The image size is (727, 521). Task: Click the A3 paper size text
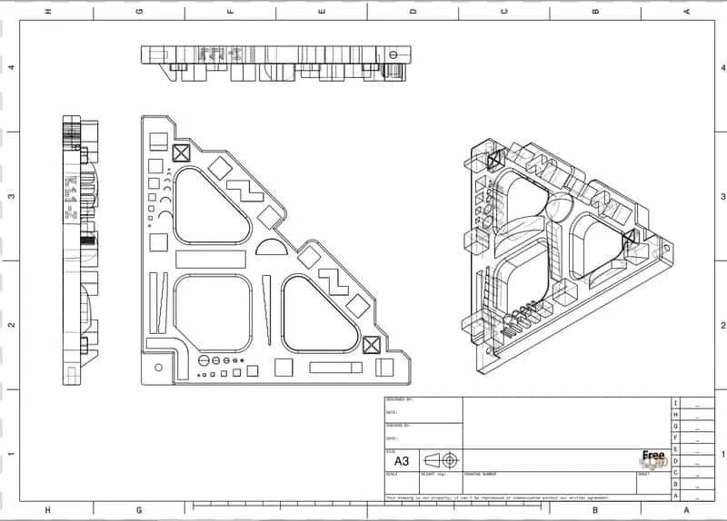(402, 460)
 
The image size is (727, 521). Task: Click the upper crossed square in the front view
(179, 152)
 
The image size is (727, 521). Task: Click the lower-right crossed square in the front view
(370, 345)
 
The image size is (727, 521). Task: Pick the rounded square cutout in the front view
(213, 313)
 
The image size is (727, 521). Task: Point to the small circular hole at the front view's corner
(160, 367)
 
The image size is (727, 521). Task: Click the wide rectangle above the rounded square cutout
(212, 259)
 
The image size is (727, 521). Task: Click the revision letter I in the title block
(674, 403)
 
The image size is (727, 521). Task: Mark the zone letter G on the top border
(139, 12)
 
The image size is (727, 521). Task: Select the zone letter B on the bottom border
(595, 510)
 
